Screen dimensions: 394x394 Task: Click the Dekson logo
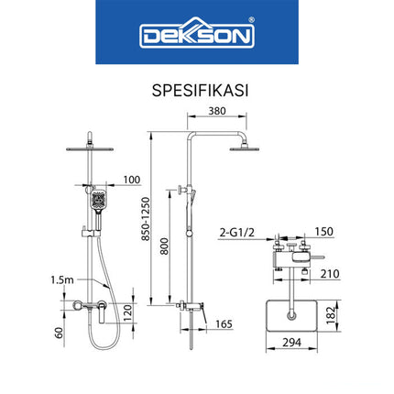(197, 37)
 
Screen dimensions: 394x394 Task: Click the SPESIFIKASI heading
(196, 92)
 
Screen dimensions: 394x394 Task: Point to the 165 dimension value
(224, 323)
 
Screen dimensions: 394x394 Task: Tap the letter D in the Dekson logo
(151, 38)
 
